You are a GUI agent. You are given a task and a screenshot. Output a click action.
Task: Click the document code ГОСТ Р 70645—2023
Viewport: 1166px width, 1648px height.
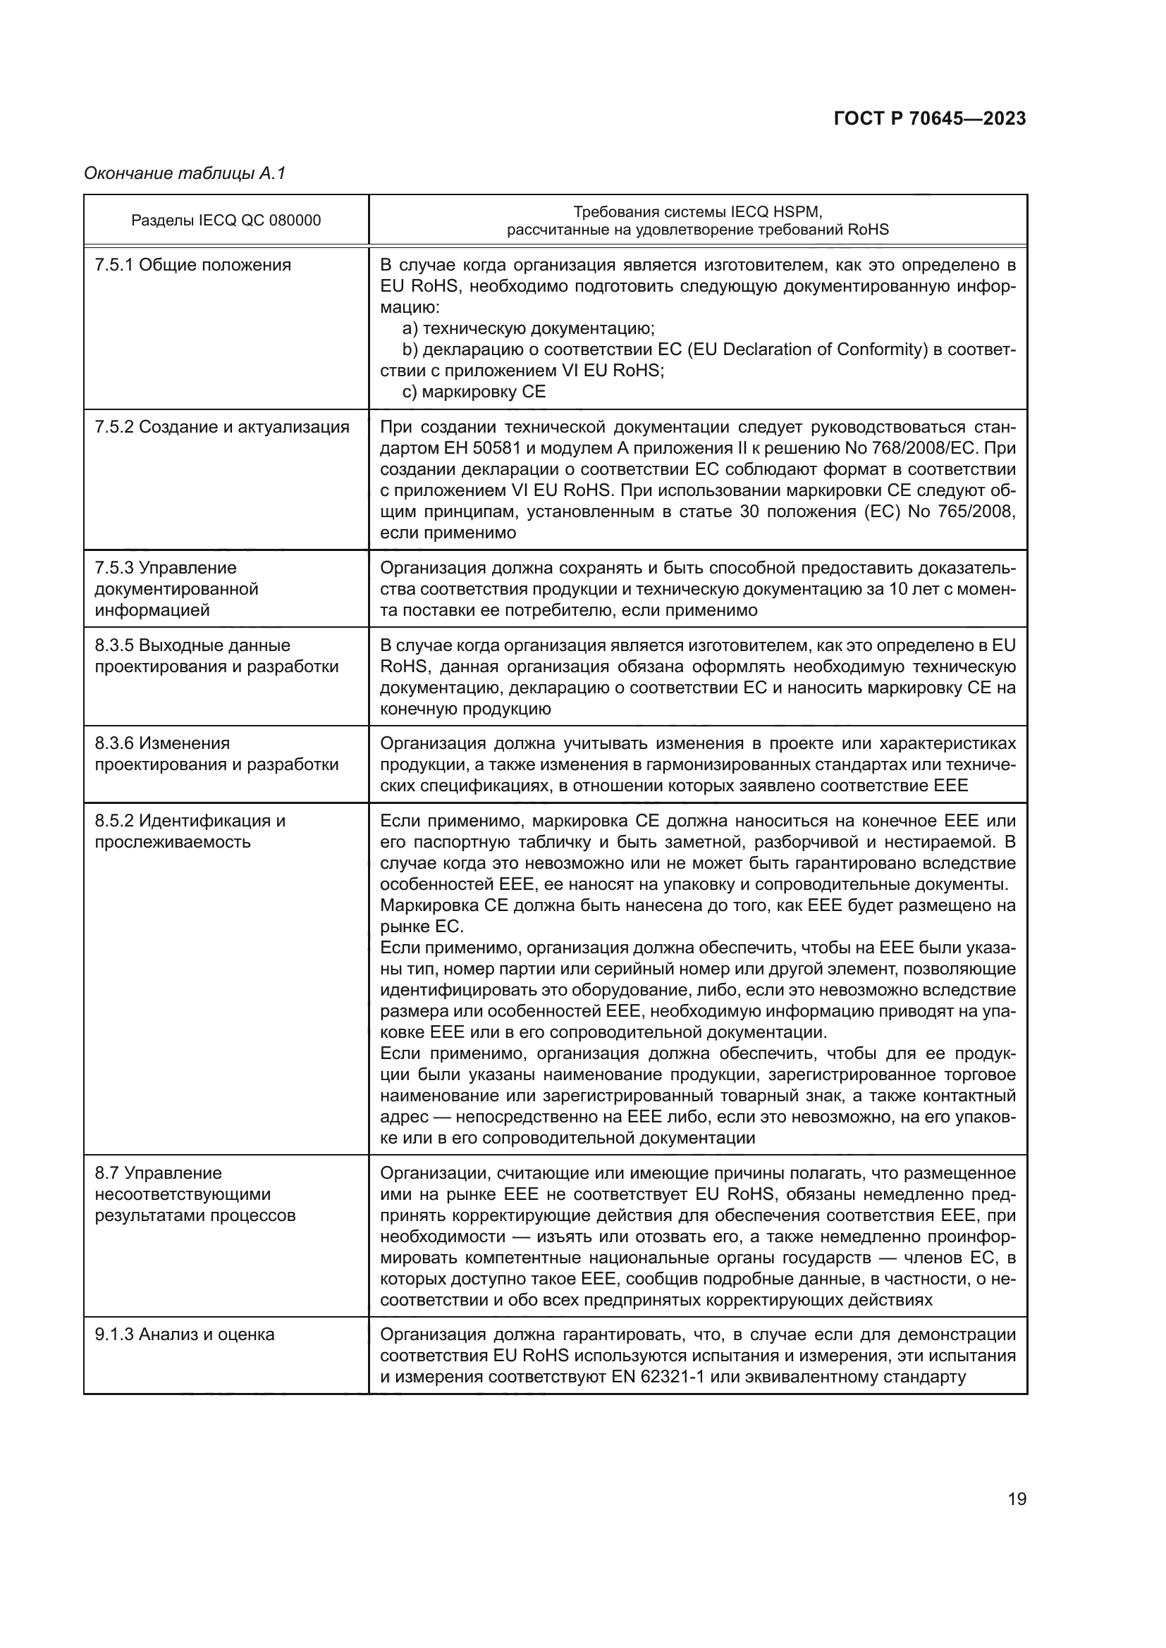(930, 118)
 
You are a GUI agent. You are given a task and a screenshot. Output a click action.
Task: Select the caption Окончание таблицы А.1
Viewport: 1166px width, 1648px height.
(185, 173)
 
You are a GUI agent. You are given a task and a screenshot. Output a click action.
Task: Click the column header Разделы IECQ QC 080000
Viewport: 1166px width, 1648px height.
(226, 221)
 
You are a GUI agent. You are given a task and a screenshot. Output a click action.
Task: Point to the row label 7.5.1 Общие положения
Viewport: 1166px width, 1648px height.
(193, 265)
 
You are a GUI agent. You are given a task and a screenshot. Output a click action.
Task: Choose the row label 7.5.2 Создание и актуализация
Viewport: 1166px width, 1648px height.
(222, 427)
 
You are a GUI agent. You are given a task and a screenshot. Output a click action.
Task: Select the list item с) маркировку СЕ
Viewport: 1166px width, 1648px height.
(474, 392)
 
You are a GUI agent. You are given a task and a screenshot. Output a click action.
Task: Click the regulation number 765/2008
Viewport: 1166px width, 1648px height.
(977, 512)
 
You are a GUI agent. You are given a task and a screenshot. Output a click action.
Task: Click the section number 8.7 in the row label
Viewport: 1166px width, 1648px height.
(108, 1173)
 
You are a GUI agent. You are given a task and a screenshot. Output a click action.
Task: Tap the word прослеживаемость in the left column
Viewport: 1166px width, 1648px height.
(173, 841)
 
